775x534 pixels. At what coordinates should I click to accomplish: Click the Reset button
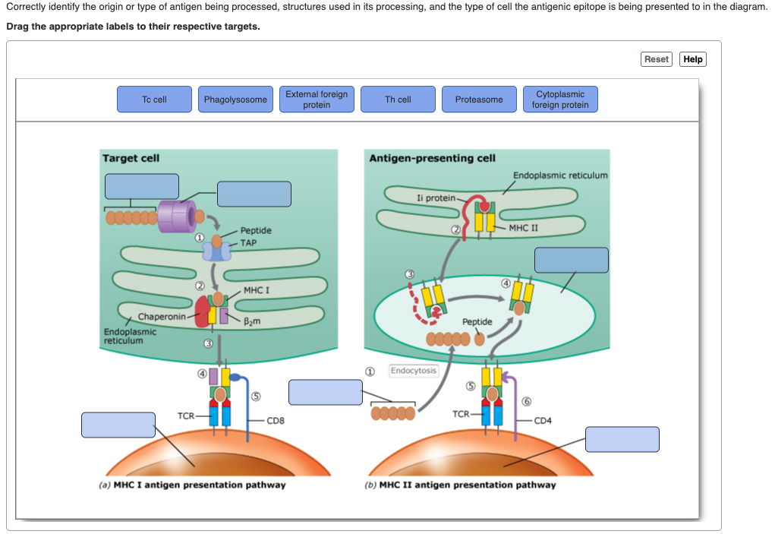click(656, 59)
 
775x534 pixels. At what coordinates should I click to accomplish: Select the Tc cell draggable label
click(154, 100)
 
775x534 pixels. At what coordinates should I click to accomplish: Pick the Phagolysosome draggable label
click(235, 100)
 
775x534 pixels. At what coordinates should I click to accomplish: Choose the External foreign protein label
click(317, 100)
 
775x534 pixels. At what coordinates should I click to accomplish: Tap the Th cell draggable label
click(398, 100)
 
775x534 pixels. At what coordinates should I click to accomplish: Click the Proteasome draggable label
click(479, 100)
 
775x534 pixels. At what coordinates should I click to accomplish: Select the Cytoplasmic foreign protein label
click(560, 100)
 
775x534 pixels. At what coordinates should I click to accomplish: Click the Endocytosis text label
click(414, 371)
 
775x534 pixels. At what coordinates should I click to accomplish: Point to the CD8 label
click(275, 420)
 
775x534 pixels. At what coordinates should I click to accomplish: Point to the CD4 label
click(543, 420)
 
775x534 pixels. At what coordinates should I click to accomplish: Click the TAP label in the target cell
click(249, 243)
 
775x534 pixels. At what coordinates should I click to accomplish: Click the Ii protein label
click(436, 197)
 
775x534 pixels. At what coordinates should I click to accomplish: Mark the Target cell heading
click(131, 158)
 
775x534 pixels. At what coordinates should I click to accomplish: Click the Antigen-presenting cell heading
click(432, 158)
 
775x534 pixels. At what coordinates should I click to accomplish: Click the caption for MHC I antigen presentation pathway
click(193, 485)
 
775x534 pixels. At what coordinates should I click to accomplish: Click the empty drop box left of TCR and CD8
click(118, 425)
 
